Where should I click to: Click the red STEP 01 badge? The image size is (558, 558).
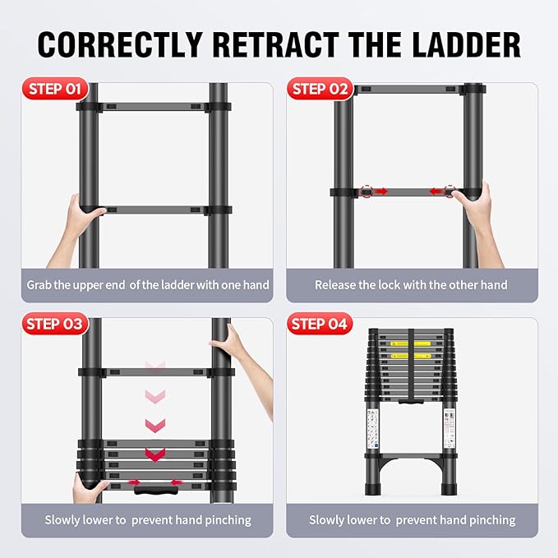(53, 90)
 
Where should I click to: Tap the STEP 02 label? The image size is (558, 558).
(321, 90)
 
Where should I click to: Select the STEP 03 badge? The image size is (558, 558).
(53, 324)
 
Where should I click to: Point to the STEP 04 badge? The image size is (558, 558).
(321, 324)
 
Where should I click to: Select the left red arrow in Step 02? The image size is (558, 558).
(380, 191)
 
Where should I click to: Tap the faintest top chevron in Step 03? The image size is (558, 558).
(154, 367)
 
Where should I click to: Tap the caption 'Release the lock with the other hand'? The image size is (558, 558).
(411, 285)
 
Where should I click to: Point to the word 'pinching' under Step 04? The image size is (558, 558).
(488, 519)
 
